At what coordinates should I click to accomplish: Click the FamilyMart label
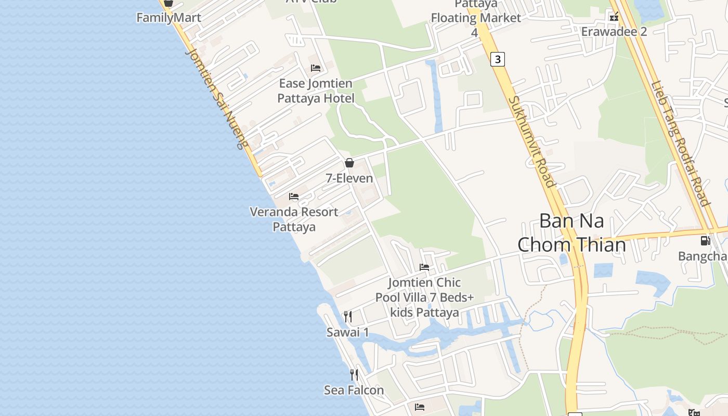point(168,18)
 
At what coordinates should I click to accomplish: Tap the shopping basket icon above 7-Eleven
point(349,163)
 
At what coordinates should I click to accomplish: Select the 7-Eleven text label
point(349,178)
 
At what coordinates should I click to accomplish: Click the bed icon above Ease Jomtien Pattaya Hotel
point(315,68)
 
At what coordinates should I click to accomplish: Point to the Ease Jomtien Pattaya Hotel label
point(316,91)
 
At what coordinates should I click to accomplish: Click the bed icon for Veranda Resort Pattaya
point(294,197)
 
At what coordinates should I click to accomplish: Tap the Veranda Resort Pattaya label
point(294,219)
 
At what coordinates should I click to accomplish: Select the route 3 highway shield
point(498,59)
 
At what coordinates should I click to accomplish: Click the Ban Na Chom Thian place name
point(571,232)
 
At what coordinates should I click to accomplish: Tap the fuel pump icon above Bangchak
point(705,241)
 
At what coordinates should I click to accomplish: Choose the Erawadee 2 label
point(614,32)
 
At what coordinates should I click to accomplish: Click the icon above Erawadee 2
point(614,17)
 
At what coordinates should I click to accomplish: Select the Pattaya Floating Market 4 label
point(476,18)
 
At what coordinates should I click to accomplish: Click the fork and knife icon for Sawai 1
point(348,316)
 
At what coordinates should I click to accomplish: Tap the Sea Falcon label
point(354,390)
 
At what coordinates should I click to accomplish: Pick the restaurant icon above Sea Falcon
point(354,374)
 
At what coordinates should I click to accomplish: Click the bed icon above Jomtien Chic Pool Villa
point(424,267)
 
